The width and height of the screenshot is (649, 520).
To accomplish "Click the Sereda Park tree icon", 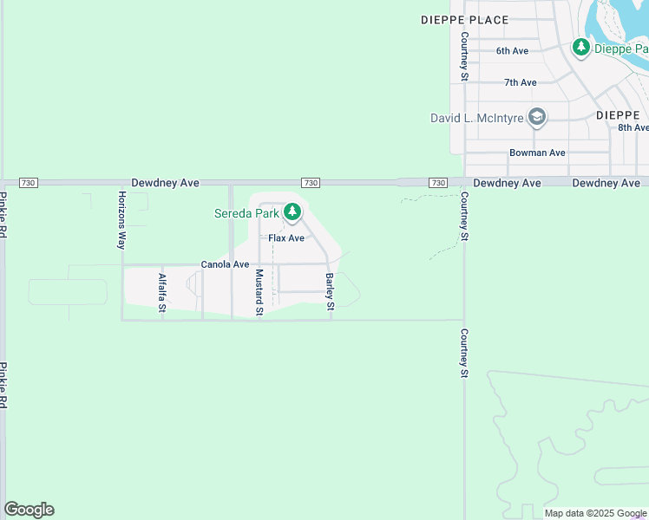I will tap(293, 211).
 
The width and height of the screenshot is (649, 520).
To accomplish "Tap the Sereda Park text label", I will tap(247, 212).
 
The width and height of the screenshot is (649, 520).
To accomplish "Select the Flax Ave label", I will tap(286, 237).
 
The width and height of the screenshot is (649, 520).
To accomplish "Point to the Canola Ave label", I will tap(225, 264).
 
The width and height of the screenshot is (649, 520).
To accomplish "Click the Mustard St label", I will tap(259, 292).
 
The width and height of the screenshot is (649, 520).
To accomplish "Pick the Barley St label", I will tap(330, 292).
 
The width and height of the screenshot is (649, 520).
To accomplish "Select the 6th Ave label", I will tap(512, 51).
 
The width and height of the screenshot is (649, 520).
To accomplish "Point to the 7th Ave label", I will tap(521, 82).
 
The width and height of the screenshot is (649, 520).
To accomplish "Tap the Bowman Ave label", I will tap(537, 153).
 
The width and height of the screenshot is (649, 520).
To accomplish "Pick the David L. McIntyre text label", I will tap(478, 118).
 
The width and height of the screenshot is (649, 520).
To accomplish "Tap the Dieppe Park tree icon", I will tap(581, 49).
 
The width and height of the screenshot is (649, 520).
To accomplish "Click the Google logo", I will tap(29, 510).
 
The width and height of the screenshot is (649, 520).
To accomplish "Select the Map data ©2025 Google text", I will tap(596, 513).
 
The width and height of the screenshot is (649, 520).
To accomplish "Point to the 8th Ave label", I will tap(633, 127).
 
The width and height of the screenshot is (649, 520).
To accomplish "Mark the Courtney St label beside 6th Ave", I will tap(465, 56).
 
